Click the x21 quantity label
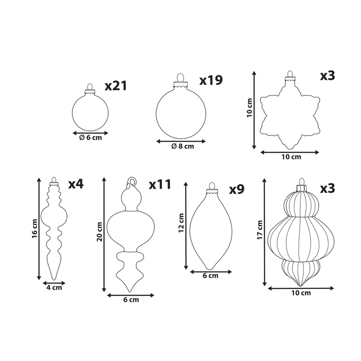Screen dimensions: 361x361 (x=116, y=86)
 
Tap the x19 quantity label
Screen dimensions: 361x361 (x=211, y=80)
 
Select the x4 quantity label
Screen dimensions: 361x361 (x=76, y=184)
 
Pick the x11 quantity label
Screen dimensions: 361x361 (x=160, y=184)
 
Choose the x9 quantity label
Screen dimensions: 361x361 (x=236, y=189)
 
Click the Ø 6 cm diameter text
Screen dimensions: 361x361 (x=90, y=138)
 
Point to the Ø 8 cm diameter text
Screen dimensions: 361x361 (x=183, y=146)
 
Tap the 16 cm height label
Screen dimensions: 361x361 (x=35, y=228)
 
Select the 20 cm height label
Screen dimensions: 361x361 (x=100, y=232)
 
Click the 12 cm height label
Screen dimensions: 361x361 (x=181, y=223)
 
